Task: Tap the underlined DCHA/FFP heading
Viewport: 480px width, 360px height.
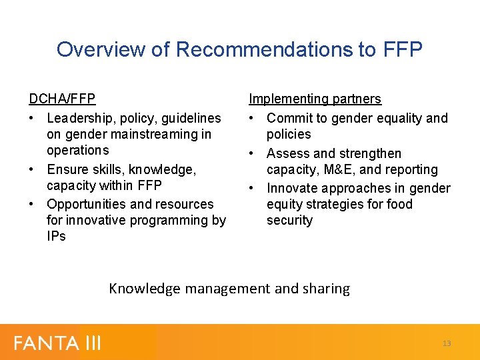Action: tap(62, 99)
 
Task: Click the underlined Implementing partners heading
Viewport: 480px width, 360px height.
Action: tap(315, 99)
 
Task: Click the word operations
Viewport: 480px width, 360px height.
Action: tap(77, 150)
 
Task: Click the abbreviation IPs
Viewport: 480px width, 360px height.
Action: tap(56, 236)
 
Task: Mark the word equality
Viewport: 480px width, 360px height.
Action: tap(395, 118)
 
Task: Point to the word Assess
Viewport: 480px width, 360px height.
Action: tap(288, 153)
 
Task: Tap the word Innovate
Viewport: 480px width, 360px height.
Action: tap(293, 189)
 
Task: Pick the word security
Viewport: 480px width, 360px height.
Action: tap(289, 220)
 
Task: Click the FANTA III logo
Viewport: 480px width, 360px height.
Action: tap(57, 343)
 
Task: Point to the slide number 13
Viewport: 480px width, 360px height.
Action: tap(447, 343)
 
